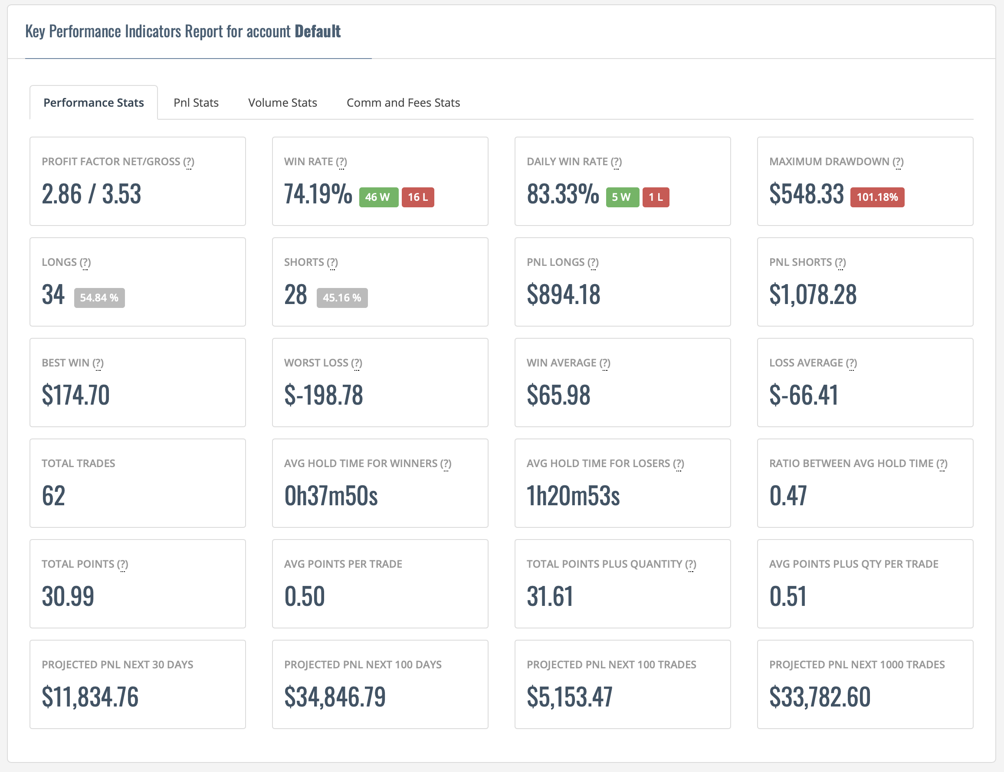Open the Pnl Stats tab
[196, 102]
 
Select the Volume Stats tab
[282, 102]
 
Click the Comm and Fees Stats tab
[403, 102]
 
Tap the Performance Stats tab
[94, 102]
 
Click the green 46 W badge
[378, 197]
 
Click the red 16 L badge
[418, 197]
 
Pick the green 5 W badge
[623, 197]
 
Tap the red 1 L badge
[656, 197]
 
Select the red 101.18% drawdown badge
[877, 197]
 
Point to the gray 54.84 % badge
[99, 298]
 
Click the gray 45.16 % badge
[342, 298]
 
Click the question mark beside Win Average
[605, 363]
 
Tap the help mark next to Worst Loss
[357, 363]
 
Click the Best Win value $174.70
[76, 395]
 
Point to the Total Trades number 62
[53, 496]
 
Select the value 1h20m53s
[573, 496]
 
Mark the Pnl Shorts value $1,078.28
[813, 294]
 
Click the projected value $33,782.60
[820, 697]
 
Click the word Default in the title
[318, 31]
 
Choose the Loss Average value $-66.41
[804, 395]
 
